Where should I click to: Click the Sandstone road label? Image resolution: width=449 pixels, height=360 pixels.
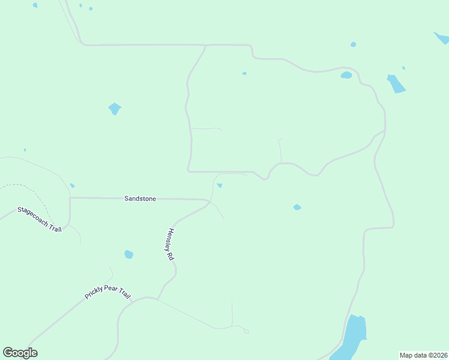[x=140, y=198]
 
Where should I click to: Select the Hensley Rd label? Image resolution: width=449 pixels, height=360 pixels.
[x=170, y=244]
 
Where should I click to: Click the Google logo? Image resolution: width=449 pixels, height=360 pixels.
[x=20, y=353]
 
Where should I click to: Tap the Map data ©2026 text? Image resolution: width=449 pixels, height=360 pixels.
[x=423, y=355]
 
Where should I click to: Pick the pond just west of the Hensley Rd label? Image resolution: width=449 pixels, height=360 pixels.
[x=128, y=254]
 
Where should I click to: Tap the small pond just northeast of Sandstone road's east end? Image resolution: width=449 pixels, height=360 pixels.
[x=220, y=185]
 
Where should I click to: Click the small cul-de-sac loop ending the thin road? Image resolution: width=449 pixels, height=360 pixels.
[x=246, y=331]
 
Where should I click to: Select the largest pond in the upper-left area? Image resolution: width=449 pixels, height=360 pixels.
[x=114, y=109]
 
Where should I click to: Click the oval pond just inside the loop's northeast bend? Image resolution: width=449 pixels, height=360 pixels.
[x=346, y=75]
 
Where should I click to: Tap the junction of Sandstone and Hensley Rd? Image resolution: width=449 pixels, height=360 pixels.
[x=209, y=201]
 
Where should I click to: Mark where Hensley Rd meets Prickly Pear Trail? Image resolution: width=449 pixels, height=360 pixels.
[x=158, y=298]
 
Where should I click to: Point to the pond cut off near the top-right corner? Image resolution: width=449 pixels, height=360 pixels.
[x=441, y=38]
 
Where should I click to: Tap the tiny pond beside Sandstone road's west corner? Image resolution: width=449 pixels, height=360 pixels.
[x=72, y=185]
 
